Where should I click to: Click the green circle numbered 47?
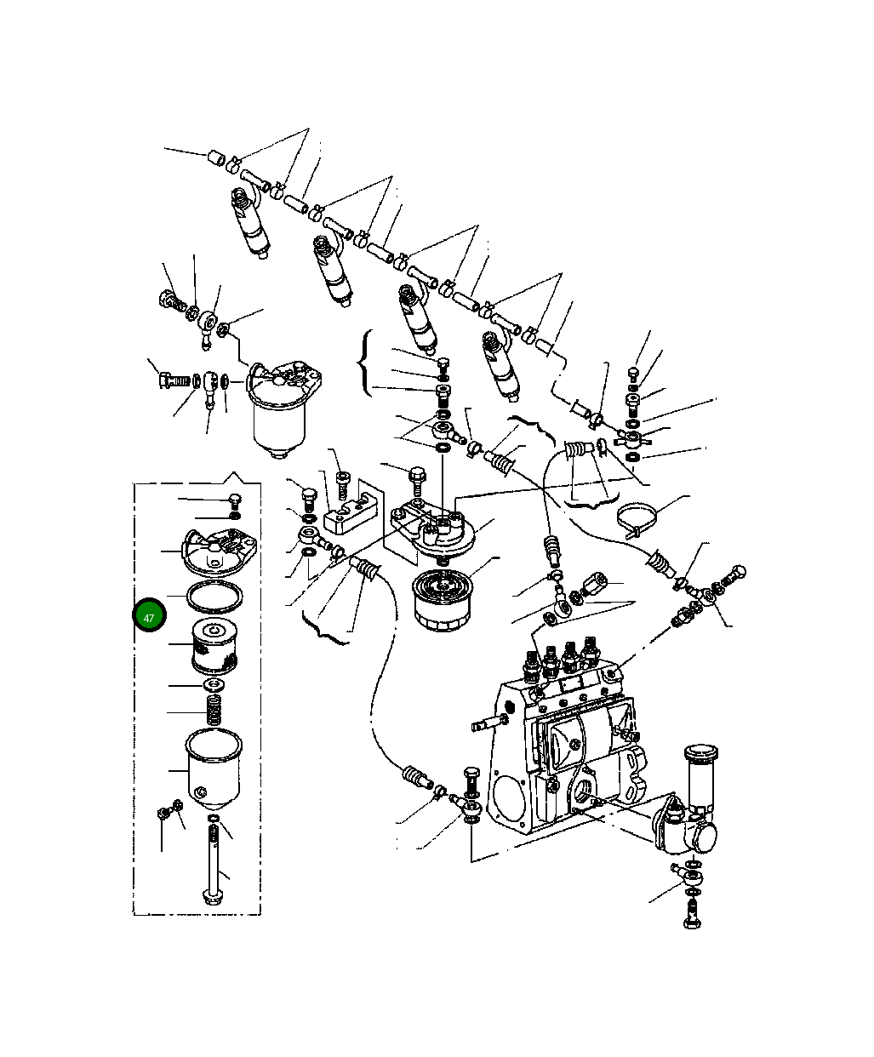click(149, 617)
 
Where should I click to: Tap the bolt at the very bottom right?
click(691, 916)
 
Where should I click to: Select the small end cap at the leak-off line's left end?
click(217, 157)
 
